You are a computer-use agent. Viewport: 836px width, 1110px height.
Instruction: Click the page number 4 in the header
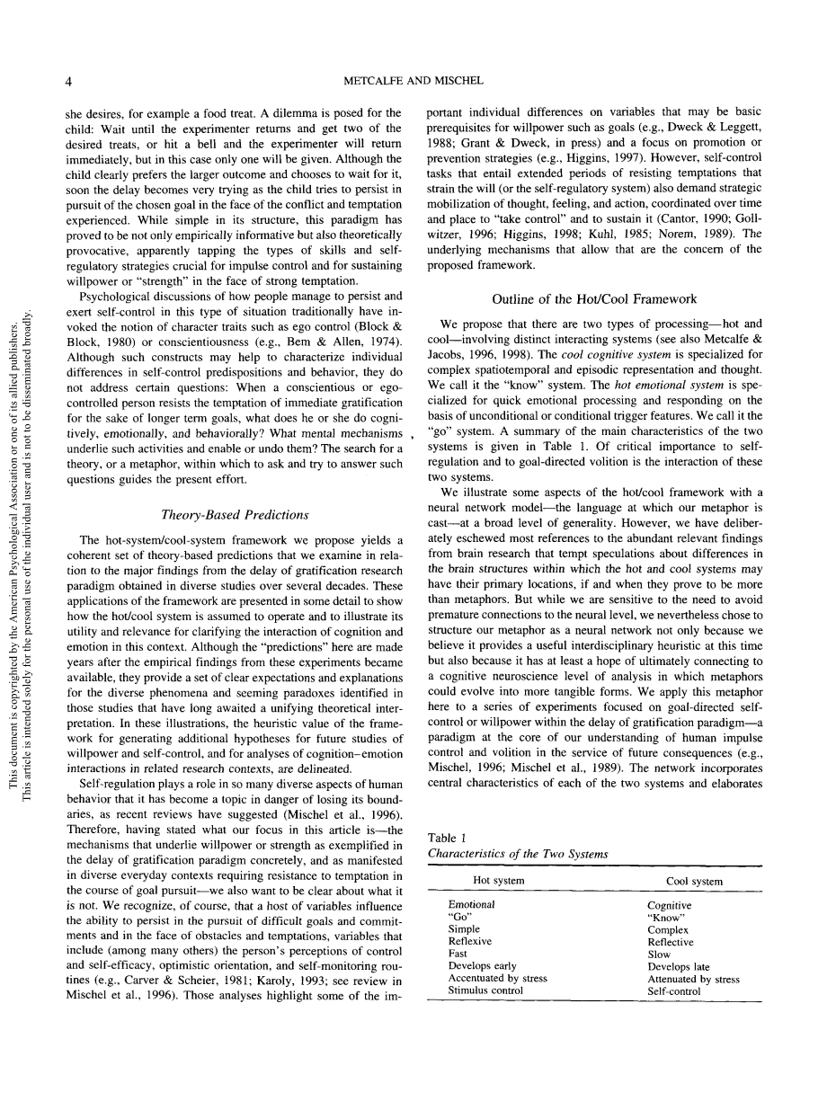pyautogui.click(x=70, y=81)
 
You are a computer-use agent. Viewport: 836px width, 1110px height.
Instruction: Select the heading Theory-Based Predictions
pyautogui.click(x=235, y=515)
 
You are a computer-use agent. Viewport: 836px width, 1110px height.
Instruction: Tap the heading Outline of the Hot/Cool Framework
pyautogui.click(x=594, y=299)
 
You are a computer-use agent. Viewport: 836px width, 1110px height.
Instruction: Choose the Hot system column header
pyautogui.click(x=499, y=881)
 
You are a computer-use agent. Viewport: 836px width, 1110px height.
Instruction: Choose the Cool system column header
pyautogui.click(x=693, y=881)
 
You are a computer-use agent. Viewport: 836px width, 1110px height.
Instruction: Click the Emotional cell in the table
pyautogui.click(x=471, y=905)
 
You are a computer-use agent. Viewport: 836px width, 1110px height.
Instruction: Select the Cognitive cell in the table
pyautogui.click(x=670, y=905)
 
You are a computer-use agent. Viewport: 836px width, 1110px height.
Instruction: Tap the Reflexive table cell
pyautogui.click(x=469, y=941)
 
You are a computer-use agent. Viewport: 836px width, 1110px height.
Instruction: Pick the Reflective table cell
pyautogui.click(x=671, y=942)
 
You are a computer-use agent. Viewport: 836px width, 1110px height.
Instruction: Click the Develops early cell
pyautogui.click(x=482, y=966)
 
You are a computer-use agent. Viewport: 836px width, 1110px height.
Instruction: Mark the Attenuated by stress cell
pyautogui.click(x=693, y=979)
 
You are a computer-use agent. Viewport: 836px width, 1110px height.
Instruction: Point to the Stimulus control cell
pyautogui.click(x=485, y=990)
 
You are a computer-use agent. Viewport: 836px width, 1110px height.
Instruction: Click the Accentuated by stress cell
pyautogui.click(x=497, y=978)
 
